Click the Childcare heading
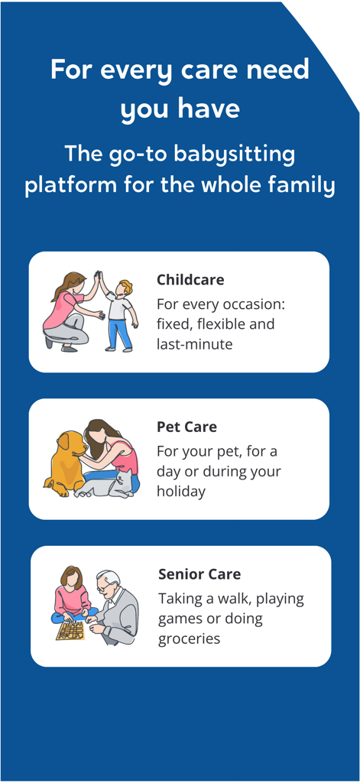click(190, 279)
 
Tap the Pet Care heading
click(186, 427)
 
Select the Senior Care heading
click(199, 573)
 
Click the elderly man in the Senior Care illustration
click(115, 608)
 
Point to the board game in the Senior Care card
click(70, 629)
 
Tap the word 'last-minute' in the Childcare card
click(194, 344)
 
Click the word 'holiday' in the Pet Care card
click(181, 491)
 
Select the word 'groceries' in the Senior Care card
click(190, 638)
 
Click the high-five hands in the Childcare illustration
click(98, 278)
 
